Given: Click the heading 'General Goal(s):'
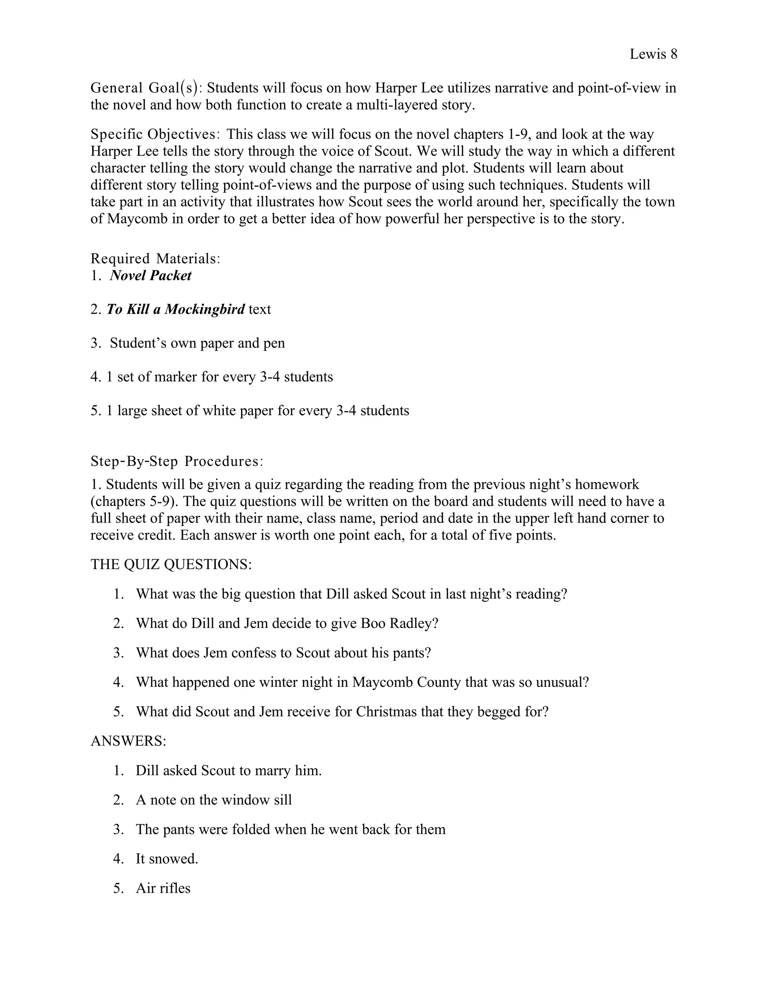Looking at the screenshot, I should pyautogui.click(x=147, y=87).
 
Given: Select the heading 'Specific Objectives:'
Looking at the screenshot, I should pyautogui.click(x=156, y=134).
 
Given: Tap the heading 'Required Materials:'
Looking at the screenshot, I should pyautogui.click(x=156, y=258).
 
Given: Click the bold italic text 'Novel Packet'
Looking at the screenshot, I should pyautogui.click(x=151, y=276).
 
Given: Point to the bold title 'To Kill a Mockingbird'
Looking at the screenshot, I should pyautogui.click(x=175, y=309).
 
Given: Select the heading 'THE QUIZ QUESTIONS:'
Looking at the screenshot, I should pyautogui.click(x=171, y=565).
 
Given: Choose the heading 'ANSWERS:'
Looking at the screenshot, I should pyautogui.click(x=128, y=741).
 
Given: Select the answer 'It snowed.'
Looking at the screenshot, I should pyautogui.click(x=167, y=859).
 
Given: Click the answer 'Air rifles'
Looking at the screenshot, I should pyautogui.click(x=163, y=888).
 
